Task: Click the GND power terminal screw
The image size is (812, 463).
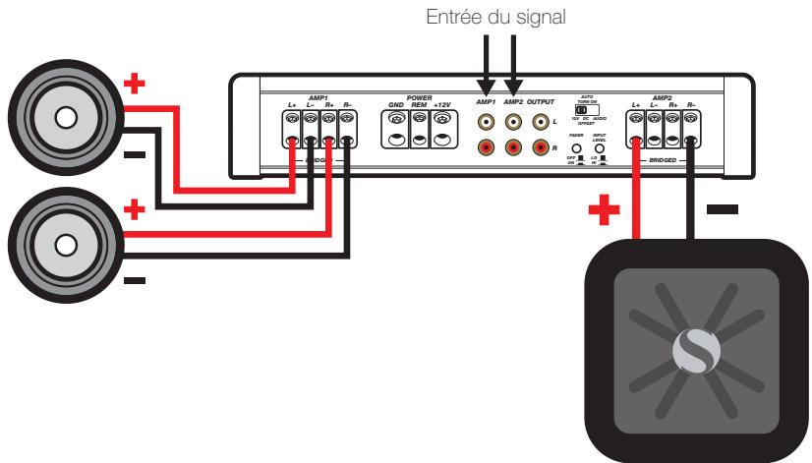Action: click(397, 119)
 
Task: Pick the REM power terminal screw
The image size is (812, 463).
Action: click(421, 119)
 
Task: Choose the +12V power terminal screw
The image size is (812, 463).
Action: click(444, 119)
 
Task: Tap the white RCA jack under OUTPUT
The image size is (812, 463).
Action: click(540, 123)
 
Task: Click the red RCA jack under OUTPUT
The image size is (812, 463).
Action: click(540, 148)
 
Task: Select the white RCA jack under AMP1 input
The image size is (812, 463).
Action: click(486, 123)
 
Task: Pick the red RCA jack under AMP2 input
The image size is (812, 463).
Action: click(513, 148)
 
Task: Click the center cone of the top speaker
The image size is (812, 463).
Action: click(66, 118)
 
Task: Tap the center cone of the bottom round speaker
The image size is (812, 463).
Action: click(66, 242)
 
